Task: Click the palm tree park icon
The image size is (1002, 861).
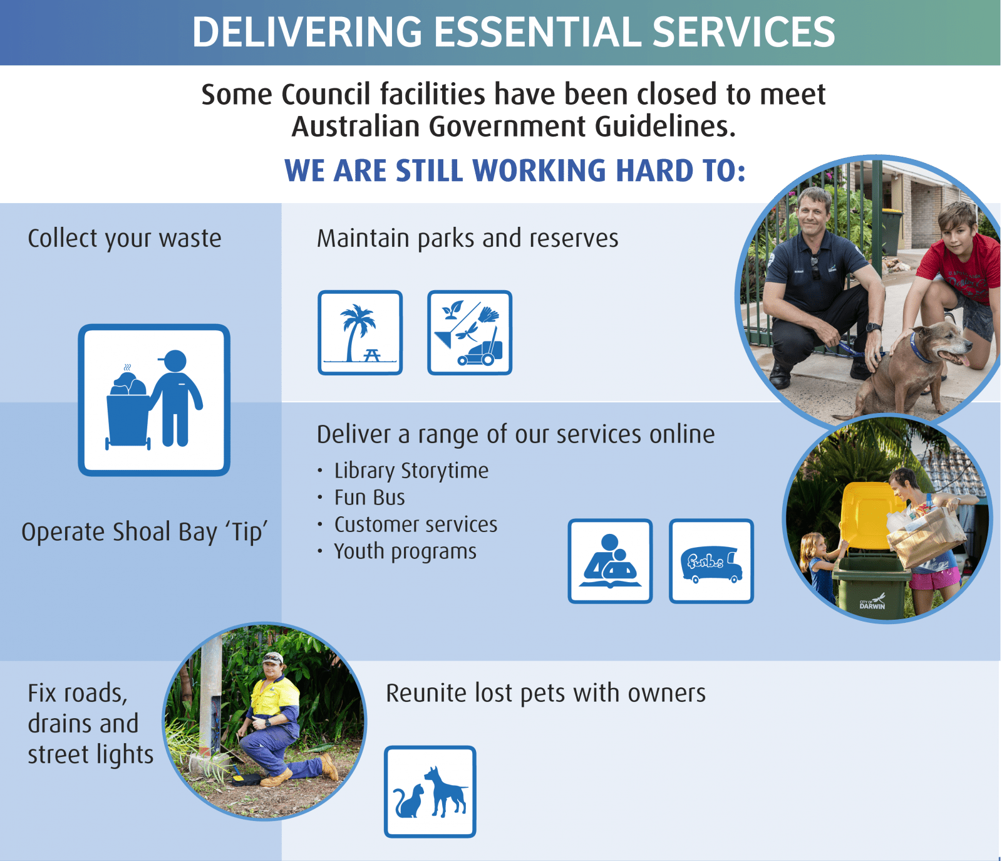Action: pyautogui.click(x=360, y=333)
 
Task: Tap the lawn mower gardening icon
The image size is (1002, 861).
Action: pyautogui.click(x=470, y=333)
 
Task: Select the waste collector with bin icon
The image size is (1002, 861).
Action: pyautogui.click(x=154, y=400)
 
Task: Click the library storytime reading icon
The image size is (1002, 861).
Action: pyautogui.click(x=611, y=561)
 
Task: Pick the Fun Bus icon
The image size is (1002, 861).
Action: pyautogui.click(x=711, y=561)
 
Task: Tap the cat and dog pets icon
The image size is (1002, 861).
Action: pyautogui.click(x=430, y=791)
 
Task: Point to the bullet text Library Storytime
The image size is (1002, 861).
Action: pyautogui.click(x=411, y=471)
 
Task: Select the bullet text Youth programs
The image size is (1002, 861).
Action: pyautogui.click(x=405, y=551)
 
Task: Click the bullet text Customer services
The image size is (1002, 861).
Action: pyautogui.click(x=416, y=524)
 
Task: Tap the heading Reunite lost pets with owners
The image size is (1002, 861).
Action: pyautogui.click(x=545, y=694)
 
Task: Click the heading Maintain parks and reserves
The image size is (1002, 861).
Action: pyautogui.click(x=467, y=239)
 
